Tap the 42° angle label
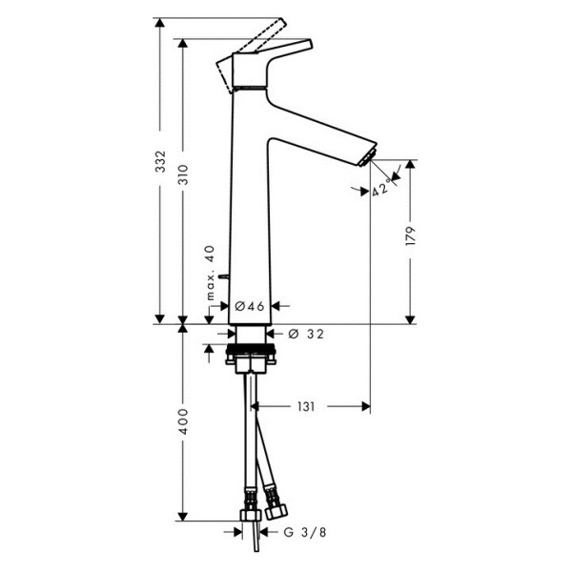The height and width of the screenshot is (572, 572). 381,190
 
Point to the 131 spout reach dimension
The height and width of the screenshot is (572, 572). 305,406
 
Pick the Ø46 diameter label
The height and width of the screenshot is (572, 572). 249,306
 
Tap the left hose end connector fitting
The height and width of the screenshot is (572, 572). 250,504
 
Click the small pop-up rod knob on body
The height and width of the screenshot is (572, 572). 220,276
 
